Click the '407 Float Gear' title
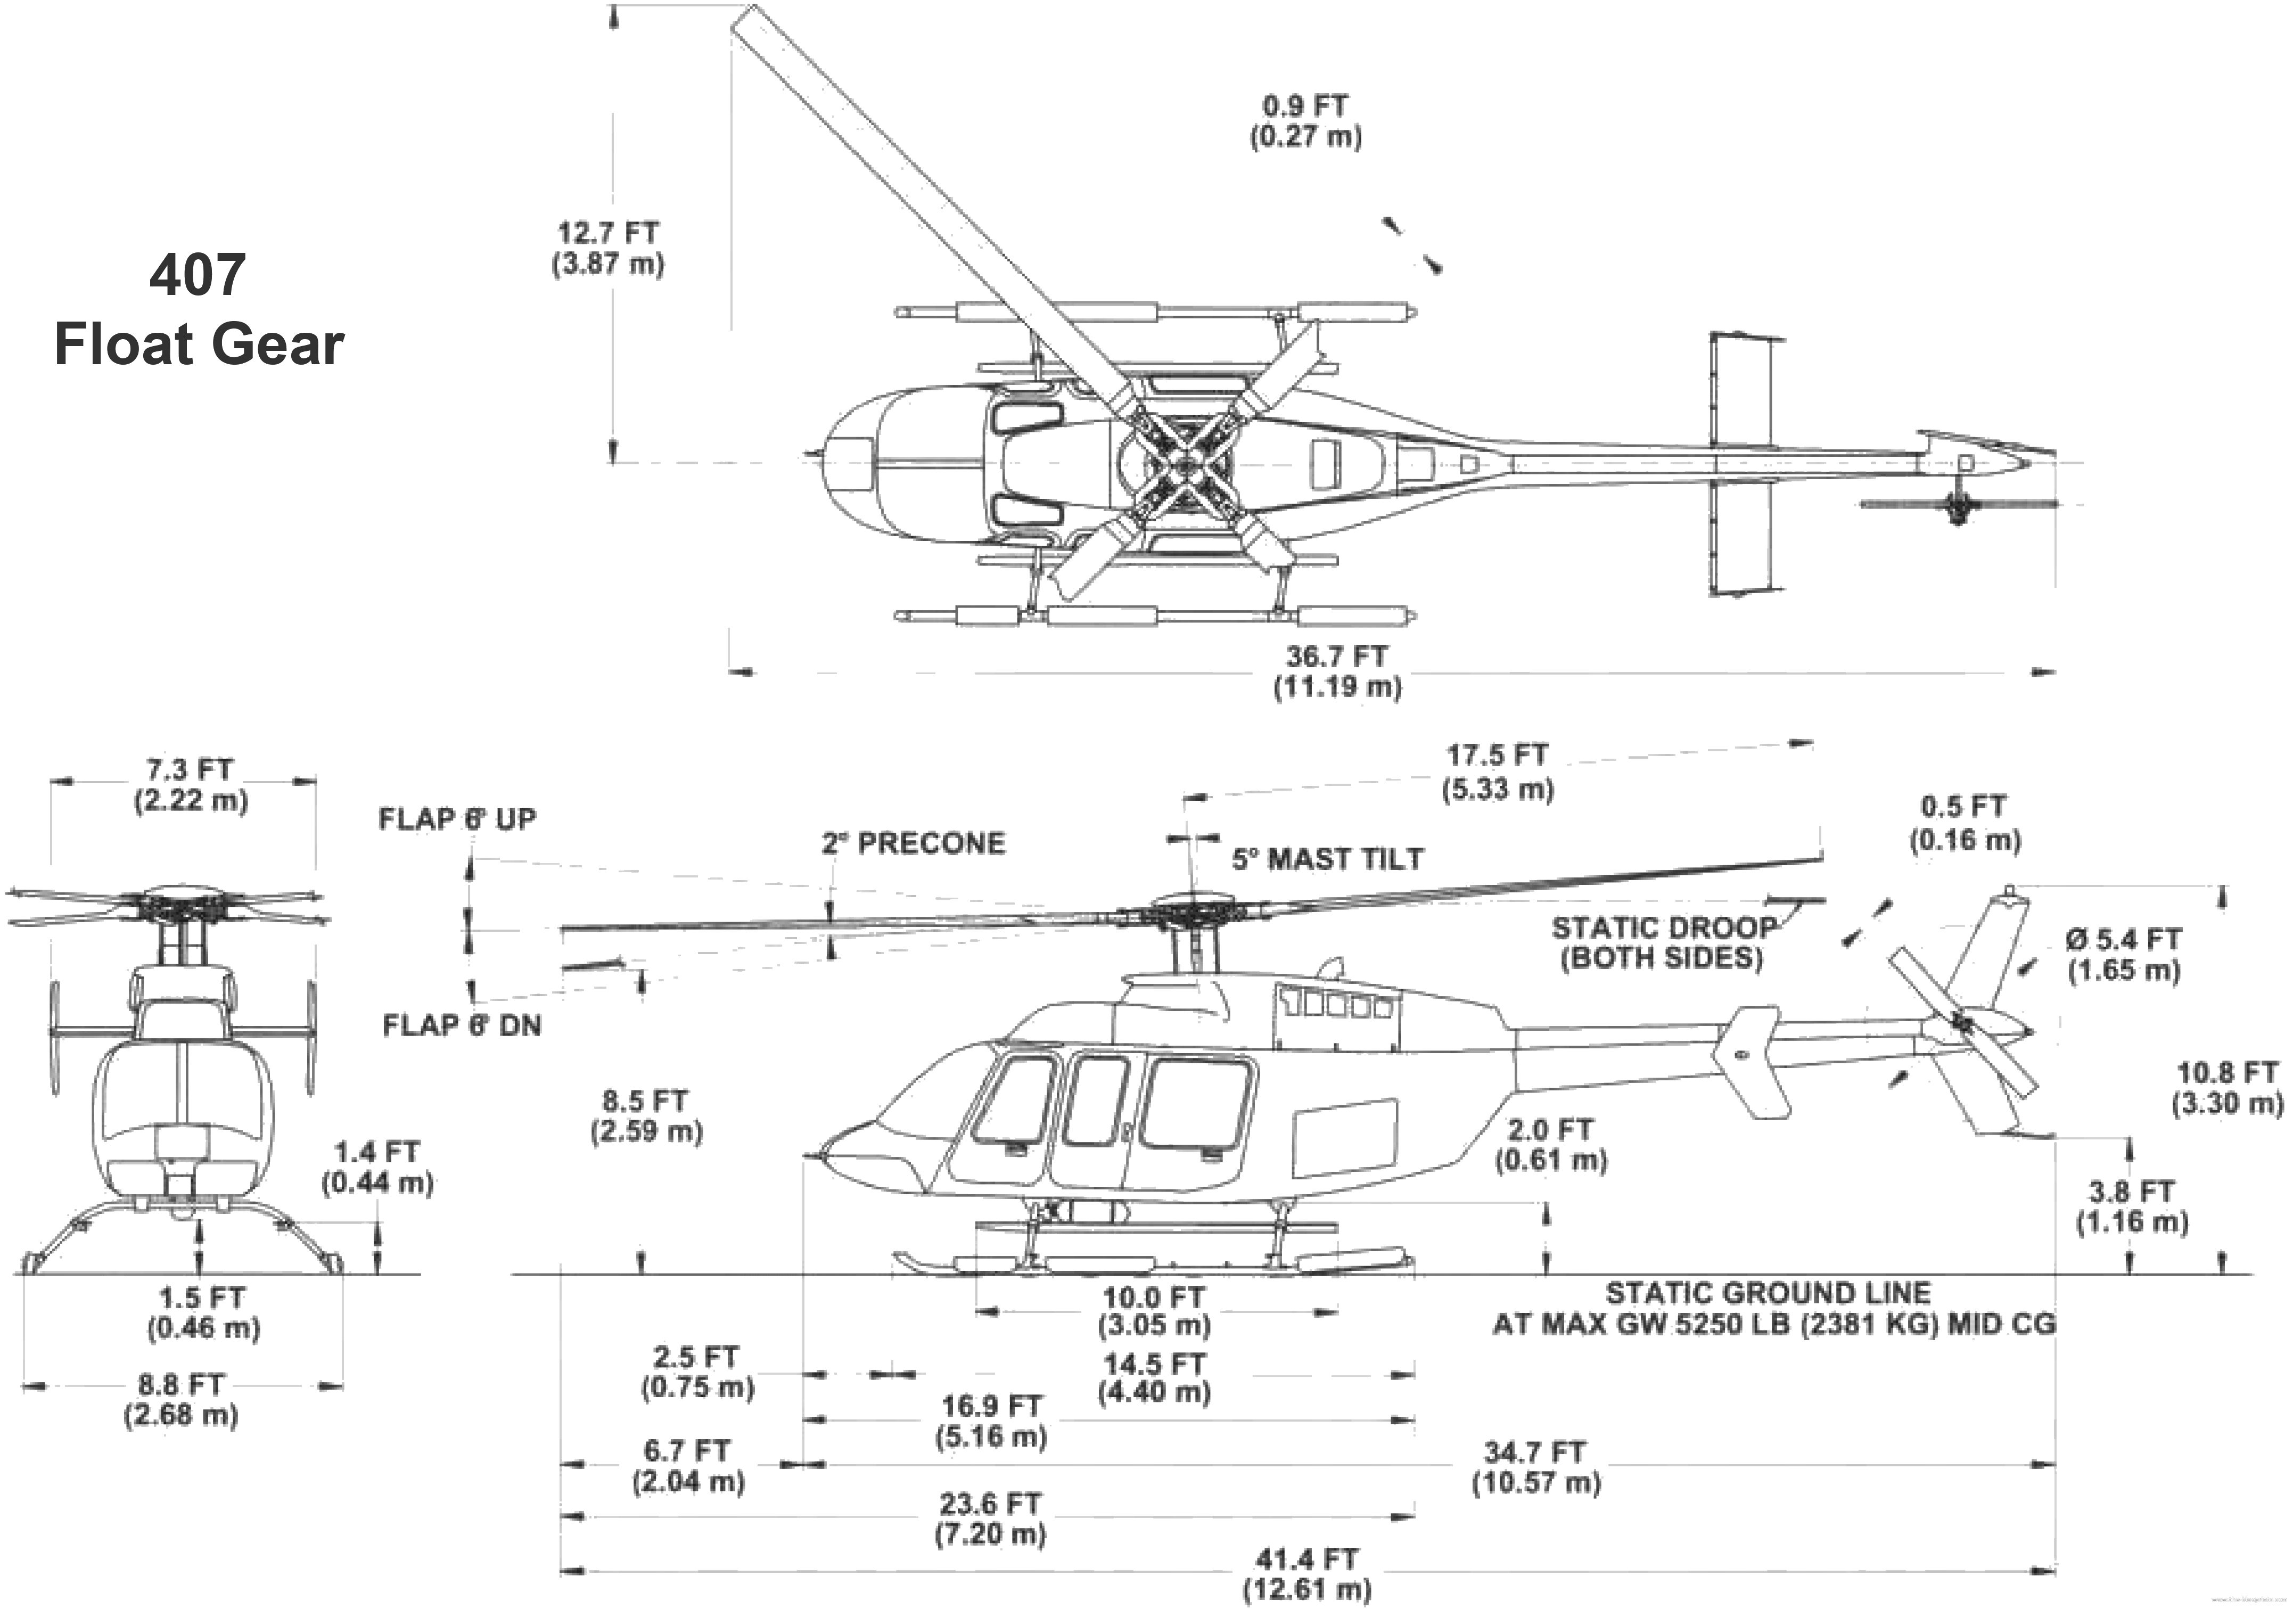199,310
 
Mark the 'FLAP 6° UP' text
457,819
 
